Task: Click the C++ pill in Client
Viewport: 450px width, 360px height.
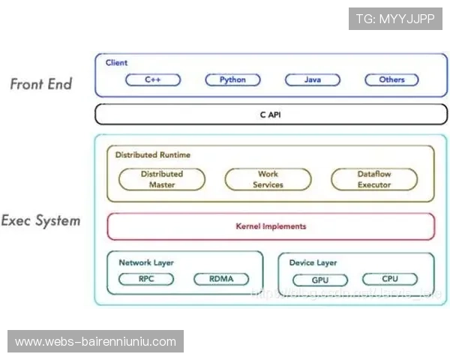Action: [x=152, y=79]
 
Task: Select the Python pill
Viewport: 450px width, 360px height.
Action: [x=232, y=79]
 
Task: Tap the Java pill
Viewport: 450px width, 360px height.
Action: [x=312, y=79]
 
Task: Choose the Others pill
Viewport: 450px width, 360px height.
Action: [x=391, y=79]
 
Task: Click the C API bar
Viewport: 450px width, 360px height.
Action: [x=271, y=115]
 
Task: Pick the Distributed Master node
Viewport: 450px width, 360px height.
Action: [x=161, y=179]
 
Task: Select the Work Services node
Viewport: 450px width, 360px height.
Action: [x=268, y=179]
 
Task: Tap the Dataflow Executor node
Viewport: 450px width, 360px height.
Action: [x=374, y=179]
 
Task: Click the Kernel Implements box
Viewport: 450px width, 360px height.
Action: [x=271, y=226]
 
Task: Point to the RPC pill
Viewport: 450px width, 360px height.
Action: [x=146, y=279]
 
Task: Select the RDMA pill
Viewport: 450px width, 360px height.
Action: [x=221, y=279]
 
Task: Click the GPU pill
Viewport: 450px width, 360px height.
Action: [x=319, y=280]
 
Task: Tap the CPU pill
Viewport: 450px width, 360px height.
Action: [x=390, y=279]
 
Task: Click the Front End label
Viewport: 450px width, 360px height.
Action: [x=41, y=84]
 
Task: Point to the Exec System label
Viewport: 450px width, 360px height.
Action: [x=40, y=220]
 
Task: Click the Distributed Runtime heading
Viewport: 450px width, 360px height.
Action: [x=153, y=155]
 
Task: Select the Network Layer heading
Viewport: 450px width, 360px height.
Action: [x=145, y=262]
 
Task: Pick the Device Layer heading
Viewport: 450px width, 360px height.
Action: [x=313, y=262]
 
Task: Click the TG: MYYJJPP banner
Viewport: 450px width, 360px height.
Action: [x=395, y=19]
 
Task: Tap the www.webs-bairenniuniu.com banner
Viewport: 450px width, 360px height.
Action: [x=95, y=342]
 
